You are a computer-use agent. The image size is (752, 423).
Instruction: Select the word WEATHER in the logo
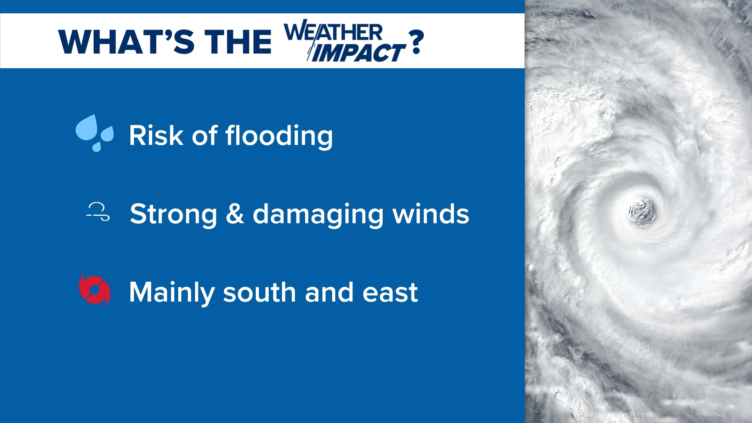[333, 32]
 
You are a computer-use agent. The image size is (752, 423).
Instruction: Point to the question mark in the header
[416, 42]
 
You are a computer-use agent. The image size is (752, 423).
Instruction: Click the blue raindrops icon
[94, 133]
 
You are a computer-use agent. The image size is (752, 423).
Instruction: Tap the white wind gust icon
[98, 212]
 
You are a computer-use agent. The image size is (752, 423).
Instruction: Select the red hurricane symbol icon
[94, 290]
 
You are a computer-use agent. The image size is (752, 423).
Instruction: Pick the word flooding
[279, 136]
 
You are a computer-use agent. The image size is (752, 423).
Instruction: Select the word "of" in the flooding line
[204, 136]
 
